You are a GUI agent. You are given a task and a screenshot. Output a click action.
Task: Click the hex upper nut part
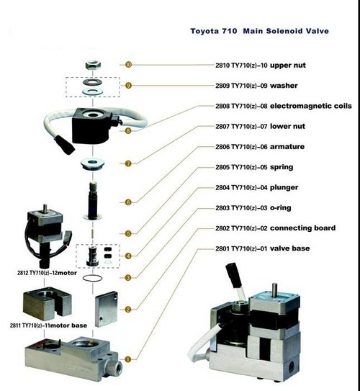point(93,65)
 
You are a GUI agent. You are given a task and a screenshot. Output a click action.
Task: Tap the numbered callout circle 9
point(128,86)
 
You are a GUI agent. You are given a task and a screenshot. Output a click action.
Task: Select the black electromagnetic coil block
point(92,125)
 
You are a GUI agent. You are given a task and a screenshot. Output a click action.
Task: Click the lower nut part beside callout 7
point(92,164)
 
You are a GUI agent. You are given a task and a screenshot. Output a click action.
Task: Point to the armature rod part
point(92,201)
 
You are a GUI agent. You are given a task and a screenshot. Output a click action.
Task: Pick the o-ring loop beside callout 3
point(92,278)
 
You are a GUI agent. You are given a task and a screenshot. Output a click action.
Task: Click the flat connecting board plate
point(107,309)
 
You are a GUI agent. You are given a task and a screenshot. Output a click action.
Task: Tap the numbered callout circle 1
point(127,359)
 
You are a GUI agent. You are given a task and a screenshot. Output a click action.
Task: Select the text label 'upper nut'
point(288,66)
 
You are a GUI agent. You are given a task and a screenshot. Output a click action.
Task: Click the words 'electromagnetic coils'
point(311,106)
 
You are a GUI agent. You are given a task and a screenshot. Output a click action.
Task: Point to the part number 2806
point(222,147)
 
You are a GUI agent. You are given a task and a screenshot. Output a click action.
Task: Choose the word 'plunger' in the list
point(284,187)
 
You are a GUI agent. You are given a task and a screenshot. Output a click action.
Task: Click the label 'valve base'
point(290,248)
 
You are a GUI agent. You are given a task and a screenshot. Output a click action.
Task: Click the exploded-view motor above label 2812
point(48,236)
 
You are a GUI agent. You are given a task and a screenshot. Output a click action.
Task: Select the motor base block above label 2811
point(47,303)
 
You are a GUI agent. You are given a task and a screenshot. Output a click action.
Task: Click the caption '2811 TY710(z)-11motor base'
point(48,325)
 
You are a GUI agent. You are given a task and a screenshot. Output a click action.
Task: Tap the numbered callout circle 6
point(128,202)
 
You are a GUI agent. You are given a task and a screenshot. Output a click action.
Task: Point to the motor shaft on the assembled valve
point(274,290)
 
